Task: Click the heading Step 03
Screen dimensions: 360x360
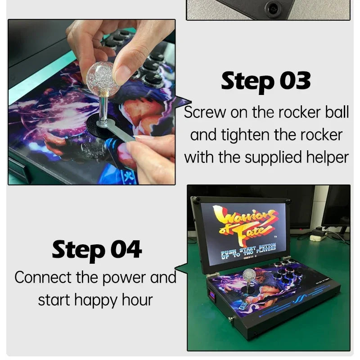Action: coord(266,81)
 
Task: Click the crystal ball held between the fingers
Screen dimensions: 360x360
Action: coord(103,79)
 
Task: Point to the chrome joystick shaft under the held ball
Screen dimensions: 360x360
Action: coord(103,108)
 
